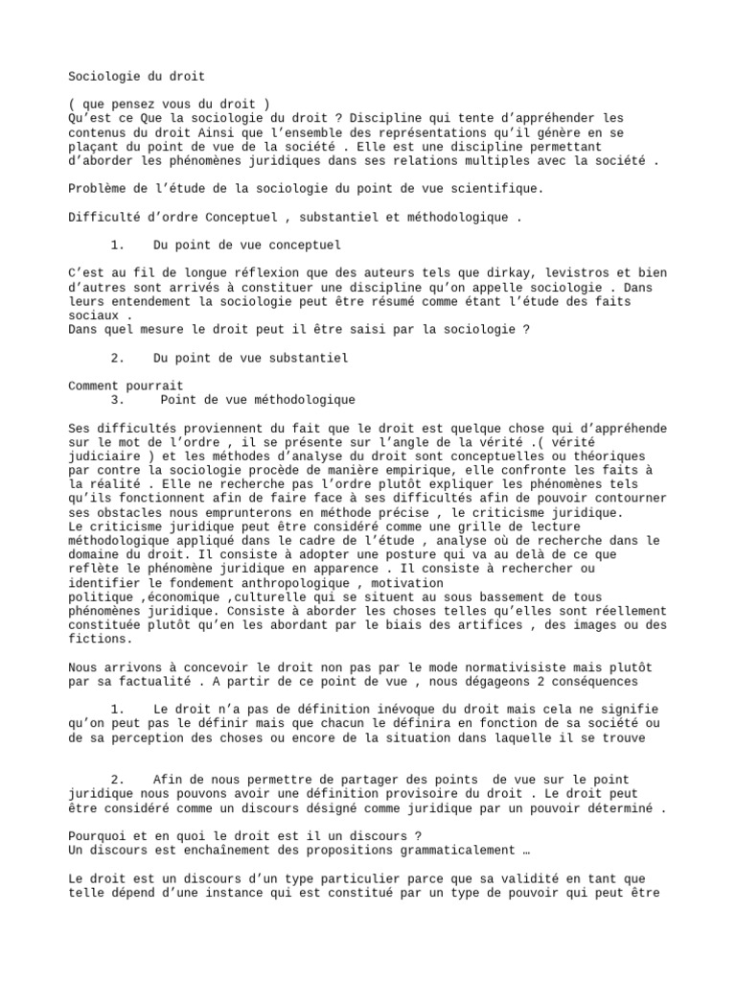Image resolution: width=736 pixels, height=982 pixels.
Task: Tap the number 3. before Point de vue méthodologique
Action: [x=118, y=400]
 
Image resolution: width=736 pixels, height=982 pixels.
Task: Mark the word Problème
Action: [x=101, y=189]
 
